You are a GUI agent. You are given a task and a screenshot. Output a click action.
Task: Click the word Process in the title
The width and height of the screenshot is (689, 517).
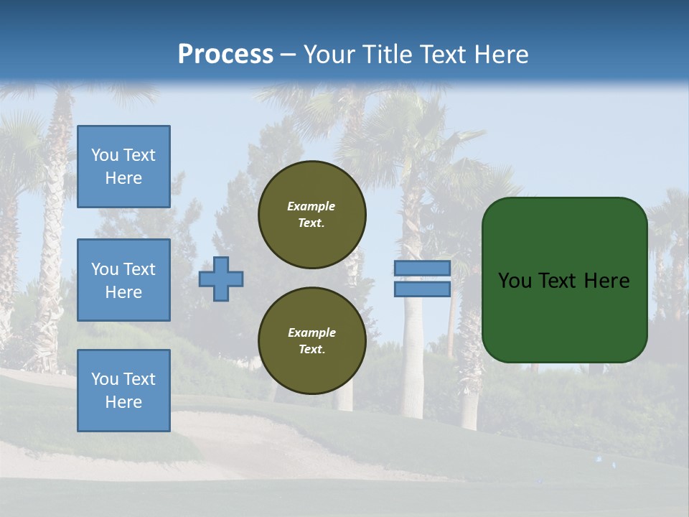coord(225,55)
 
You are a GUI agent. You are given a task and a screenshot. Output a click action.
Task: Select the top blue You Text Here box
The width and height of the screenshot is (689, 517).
coord(123,167)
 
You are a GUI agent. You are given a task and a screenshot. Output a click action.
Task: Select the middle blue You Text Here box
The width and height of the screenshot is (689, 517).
coord(123,280)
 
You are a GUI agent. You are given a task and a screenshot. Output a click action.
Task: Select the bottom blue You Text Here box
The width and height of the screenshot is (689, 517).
coord(123,391)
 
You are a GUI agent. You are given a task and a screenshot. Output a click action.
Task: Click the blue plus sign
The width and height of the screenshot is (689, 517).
coord(221,279)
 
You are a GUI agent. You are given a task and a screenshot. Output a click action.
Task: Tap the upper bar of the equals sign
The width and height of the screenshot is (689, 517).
coord(422,268)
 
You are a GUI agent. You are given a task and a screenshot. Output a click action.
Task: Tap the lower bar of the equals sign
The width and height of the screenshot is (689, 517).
coord(422,289)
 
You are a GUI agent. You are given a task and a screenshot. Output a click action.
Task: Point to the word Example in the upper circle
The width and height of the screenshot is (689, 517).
coord(311,206)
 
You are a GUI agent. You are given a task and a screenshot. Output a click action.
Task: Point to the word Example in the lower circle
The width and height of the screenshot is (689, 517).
coord(311,332)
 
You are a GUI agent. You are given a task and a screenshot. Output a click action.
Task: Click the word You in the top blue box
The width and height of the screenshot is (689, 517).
coord(105,155)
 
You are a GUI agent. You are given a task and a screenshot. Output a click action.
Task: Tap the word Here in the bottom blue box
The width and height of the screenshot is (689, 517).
coord(123,402)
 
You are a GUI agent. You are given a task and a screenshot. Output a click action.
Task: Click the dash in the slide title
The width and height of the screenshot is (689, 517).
coord(288,55)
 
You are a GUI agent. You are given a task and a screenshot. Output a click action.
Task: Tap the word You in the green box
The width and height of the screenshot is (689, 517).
coord(515,281)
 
